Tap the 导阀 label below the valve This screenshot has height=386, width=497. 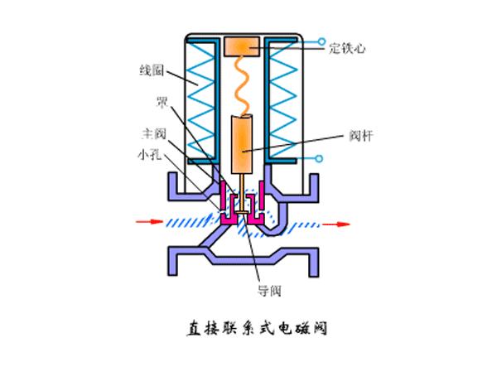click(270, 289)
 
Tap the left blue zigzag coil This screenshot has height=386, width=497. click(201, 99)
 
